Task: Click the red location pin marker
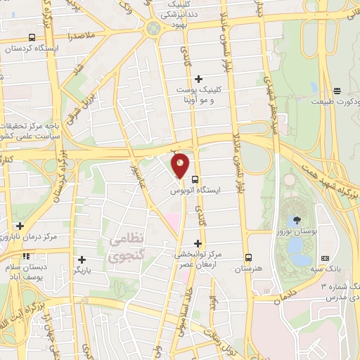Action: [x=181, y=165]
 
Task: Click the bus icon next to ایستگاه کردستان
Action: [x=32, y=37]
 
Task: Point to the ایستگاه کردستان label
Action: [x=32, y=49]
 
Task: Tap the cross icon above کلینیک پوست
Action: [x=199, y=78]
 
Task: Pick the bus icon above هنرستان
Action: [x=247, y=257]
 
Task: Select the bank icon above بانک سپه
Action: [x=325, y=259]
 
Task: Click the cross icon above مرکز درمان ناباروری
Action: [x=20, y=226]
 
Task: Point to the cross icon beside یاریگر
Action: [x=82, y=259]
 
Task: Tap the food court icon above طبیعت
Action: [x=337, y=90]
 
